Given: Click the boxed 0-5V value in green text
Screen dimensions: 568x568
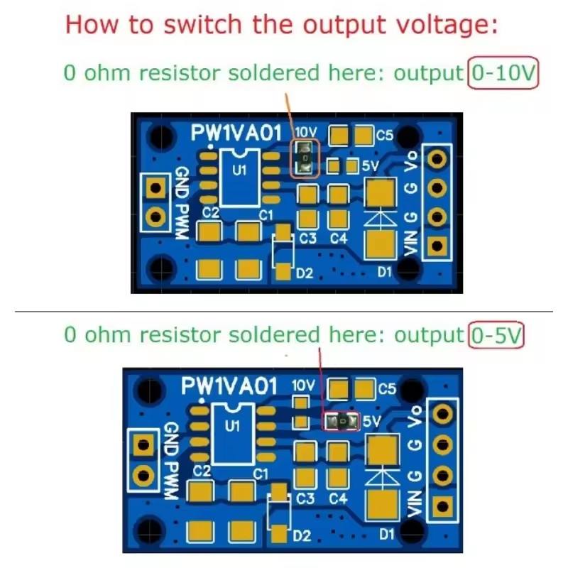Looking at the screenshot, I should tap(496, 335).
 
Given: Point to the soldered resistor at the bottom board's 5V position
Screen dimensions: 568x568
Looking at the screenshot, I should tap(342, 422).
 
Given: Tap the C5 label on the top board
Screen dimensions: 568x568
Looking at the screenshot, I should tap(385, 135).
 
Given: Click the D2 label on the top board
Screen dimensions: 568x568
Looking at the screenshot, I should tap(304, 273).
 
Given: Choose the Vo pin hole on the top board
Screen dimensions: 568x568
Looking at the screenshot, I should tap(437, 158).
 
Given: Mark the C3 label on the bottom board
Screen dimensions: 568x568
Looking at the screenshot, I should tap(305, 499).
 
